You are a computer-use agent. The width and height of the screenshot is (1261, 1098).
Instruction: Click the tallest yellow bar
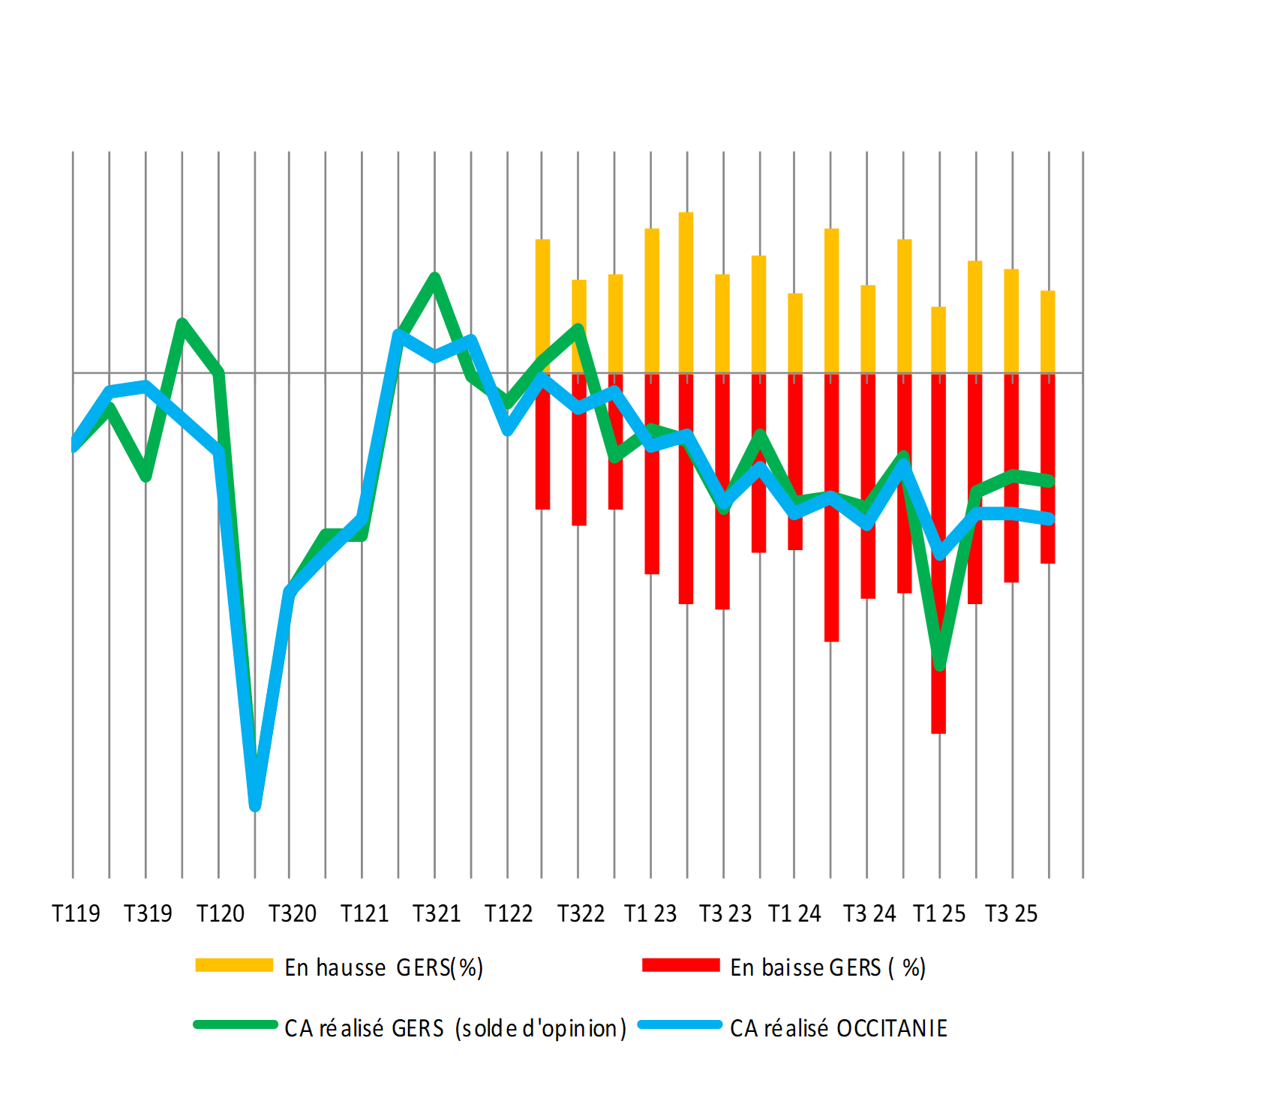click(686, 293)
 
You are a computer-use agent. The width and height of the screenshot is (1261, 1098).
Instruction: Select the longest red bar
click(938, 555)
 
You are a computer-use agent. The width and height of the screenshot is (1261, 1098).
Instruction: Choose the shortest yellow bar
click(938, 339)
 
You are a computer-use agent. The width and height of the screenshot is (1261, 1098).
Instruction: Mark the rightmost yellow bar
click(1048, 332)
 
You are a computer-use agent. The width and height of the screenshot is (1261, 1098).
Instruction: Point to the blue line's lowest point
click(255, 805)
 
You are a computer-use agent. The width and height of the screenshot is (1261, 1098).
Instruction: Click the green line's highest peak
click(435, 278)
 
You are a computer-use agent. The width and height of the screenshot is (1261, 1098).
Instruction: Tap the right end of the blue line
click(1050, 519)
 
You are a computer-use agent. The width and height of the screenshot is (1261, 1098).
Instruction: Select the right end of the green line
click(1050, 482)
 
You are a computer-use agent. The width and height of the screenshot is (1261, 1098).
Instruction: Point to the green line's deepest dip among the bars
click(940, 664)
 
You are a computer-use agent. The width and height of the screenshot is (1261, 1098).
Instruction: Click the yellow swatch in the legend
click(234, 966)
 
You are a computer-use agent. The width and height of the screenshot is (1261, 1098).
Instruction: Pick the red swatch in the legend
click(680, 966)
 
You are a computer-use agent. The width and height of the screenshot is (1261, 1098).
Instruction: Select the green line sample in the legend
click(235, 1025)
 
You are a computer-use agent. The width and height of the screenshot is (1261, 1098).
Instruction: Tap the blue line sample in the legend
click(680, 1025)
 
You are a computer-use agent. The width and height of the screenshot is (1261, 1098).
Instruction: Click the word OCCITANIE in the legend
click(892, 1028)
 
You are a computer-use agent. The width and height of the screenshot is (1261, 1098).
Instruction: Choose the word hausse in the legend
click(351, 968)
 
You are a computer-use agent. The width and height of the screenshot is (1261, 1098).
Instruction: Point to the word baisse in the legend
click(793, 968)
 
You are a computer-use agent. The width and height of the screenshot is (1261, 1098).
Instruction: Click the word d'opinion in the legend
click(574, 1029)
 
